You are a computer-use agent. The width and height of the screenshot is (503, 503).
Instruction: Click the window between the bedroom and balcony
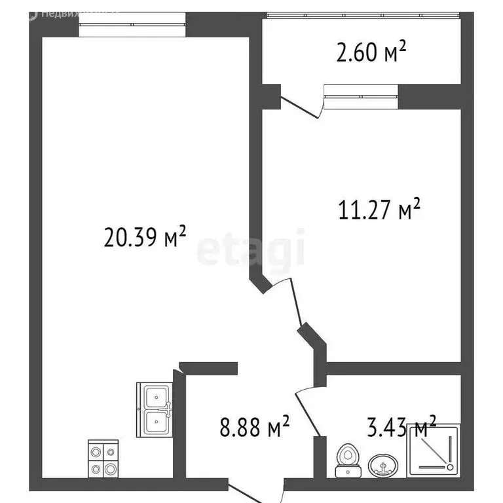(x=361, y=96)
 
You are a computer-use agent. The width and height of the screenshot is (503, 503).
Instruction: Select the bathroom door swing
(x=307, y=409)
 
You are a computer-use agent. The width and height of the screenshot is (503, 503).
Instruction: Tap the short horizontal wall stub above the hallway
(x=208, y=368)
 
